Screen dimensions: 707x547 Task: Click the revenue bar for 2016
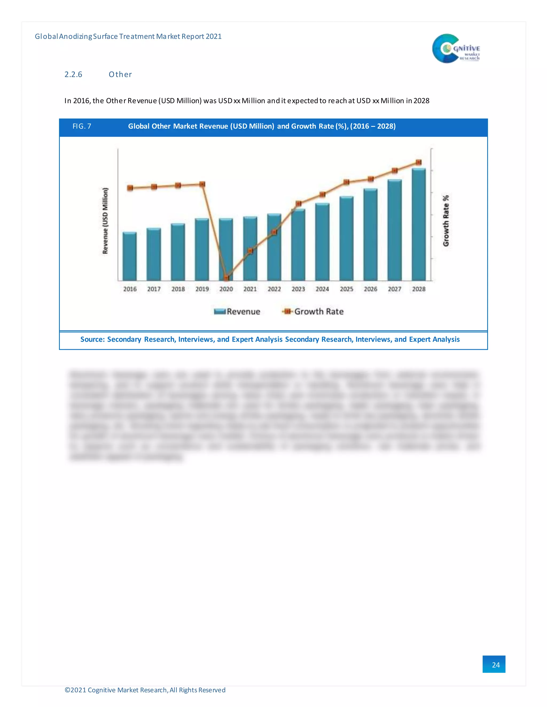click(x=130, y=256)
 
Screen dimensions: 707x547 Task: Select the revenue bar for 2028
click(x=419, y=225)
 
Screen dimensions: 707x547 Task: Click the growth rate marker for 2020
click(x=226, y=278)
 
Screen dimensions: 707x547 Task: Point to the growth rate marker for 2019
click(x=202, y=184)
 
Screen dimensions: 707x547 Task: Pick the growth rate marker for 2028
click(x=419, y=162)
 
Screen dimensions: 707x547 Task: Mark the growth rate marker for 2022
click(x=274, y=232)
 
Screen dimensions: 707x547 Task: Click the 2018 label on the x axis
click(x=178, y=289)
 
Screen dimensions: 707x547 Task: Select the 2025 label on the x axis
click(x=346, y=289)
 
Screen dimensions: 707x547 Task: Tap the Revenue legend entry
click(x=237, y=311)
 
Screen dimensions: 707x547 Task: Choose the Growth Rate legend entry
click(x=313, y=311)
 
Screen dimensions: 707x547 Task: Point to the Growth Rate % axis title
click(x=446, y=221)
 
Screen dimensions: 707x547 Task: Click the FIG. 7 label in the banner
click(x=82, y=126)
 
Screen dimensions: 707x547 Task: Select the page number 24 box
click(x=494, y=664)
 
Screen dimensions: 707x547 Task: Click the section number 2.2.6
click(x=73, y=74)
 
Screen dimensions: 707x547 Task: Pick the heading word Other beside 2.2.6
click(x=120, y=74)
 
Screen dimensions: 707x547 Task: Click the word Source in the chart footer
click(x=92, y=339)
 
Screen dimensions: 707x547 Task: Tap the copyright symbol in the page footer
click(x=67, y=690)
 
